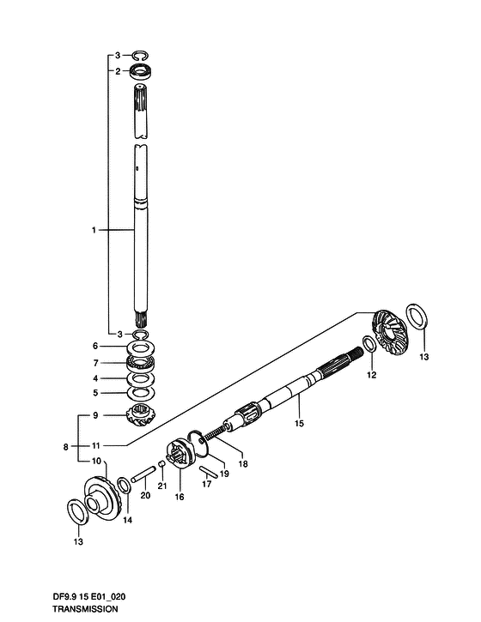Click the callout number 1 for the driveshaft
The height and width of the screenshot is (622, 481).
(94, 230)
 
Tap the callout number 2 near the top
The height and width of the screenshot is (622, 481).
(118, 71)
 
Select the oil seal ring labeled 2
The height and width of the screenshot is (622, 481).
(143, 73)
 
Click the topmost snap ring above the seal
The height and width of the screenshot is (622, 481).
(140, 56)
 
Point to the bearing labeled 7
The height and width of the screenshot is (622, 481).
(141, 363)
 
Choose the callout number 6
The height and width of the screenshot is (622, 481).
(95, 346)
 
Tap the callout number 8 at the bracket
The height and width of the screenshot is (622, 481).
(66, 447)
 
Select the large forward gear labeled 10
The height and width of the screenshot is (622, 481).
(101, 492)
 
